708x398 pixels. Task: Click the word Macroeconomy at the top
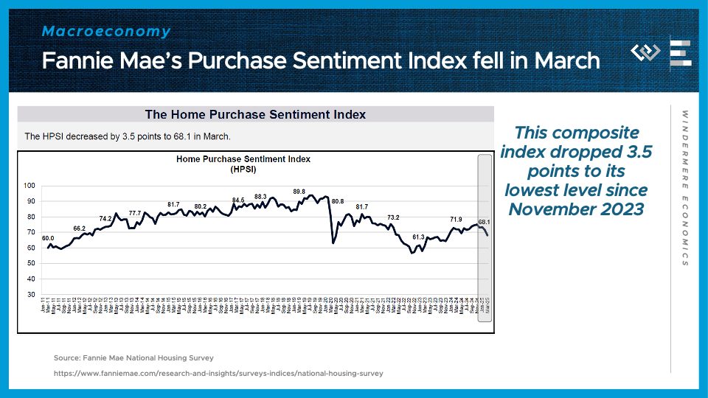coord(106,32)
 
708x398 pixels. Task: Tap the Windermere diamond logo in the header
coord(646,52)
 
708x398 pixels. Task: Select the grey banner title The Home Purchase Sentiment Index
coord(255,114)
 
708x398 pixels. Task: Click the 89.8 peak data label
coord(299,192)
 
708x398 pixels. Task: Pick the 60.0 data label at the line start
coord(48,238)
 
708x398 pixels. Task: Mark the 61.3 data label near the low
coord(418,237)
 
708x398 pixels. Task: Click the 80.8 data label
coord(338,201)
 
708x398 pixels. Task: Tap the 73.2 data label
coord(393,217)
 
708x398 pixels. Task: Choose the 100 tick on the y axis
coord(29,185)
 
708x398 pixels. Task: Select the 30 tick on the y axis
coord(31,295)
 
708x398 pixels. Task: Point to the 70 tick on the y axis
coord(31,232)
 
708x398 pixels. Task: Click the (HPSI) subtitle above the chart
coord(254,169)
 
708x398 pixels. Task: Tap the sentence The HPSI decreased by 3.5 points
coord(128,136)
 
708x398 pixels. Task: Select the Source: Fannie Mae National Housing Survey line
coord(133,357)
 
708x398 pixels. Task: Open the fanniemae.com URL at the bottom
coord(218,374)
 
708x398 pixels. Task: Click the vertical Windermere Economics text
coord(685,188)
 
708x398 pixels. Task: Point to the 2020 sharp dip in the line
coord(333,242)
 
